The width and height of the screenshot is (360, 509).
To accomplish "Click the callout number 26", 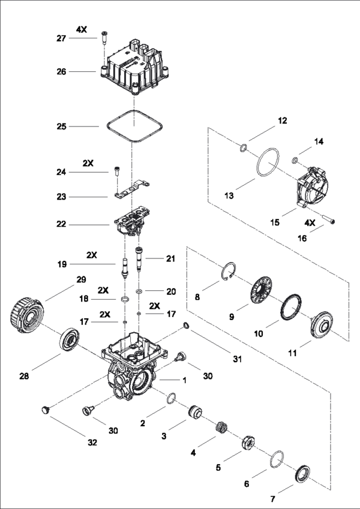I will [62, 71].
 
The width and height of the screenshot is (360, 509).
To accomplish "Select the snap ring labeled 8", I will [227, 271].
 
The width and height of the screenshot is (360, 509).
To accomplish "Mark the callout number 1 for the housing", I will [185, 380].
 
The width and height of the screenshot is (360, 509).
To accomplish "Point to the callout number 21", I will [170, 258].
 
